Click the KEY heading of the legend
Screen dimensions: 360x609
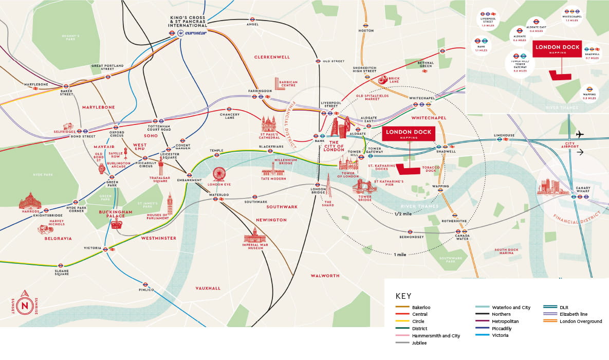pyautogui.click(x=403, y=296)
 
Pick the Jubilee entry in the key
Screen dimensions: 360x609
pyautogui.click(x=419, y=343)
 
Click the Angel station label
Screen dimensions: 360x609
pyautogui.click(x=252, y=24)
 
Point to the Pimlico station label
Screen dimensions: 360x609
pyautogui.click(x=146, y=290)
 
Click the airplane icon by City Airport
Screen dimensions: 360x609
pyautogui.click(x=580, y=134)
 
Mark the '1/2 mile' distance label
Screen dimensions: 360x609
pyautogui.click(x=403, y=213)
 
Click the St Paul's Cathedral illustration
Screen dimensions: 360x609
pyautogui.click(x=269, y=125)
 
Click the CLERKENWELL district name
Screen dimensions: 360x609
pyautogui.click(x=272, y=57)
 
